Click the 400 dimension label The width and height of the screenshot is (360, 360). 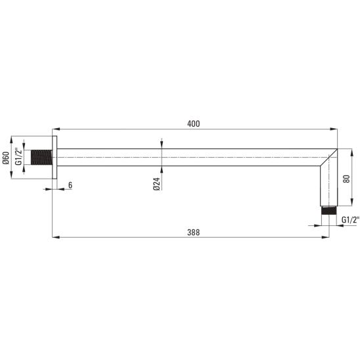click(x=194, y=124)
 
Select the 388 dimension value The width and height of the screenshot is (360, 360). click(x=194, y=233)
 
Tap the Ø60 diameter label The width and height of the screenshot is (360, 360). click(x=6, y=158)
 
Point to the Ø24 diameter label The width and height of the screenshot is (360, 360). click(x=156, y=184)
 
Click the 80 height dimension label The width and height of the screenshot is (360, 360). click(x=346, y=179)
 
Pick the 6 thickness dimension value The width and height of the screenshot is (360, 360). click(x=70, y=185)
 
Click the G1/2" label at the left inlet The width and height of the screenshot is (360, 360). click(x=18, y=156)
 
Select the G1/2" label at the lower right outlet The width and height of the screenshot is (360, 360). click(x=350, y=219)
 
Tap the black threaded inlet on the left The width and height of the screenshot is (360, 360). click(x=41, y=158)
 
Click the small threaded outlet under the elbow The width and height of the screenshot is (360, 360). click(x=328, y=210)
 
